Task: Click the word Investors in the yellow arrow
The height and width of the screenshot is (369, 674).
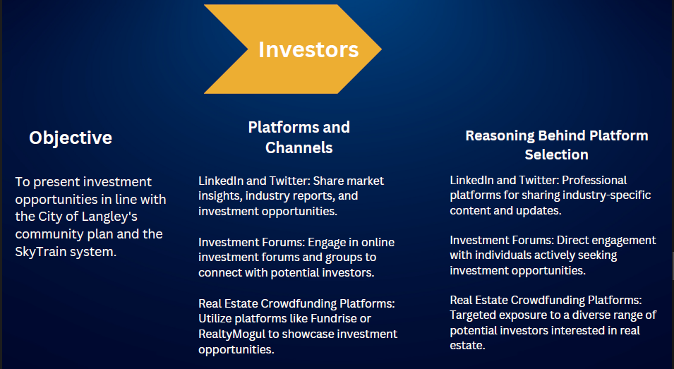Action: pos(308,49)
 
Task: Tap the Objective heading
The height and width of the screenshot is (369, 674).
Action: pos(71,138)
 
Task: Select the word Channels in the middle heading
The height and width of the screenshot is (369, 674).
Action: pos(299,147)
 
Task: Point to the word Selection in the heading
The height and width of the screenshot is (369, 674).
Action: pos(556,155)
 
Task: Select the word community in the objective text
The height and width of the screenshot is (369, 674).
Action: pos(49,234)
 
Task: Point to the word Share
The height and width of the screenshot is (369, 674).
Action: pos(329,181)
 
